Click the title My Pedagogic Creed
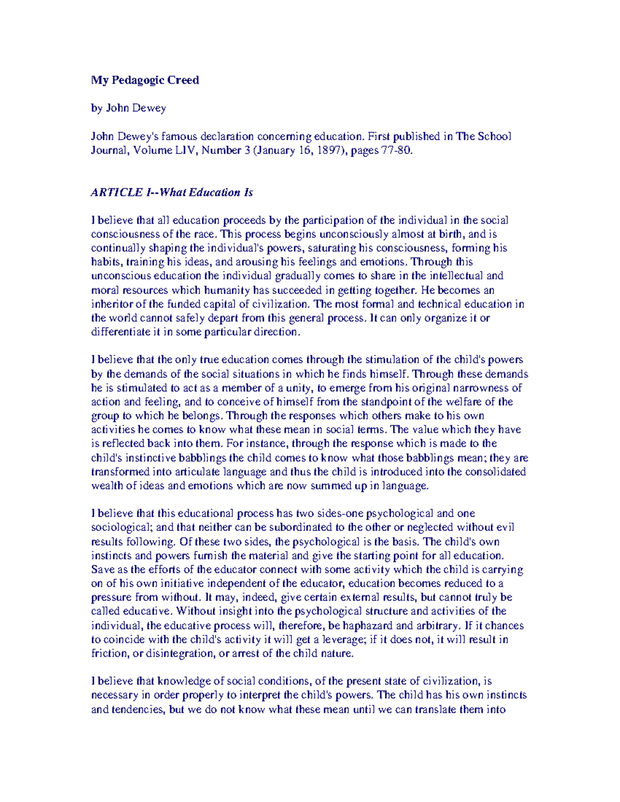pos(145,80)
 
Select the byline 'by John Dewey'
pos(128,108)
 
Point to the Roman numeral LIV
pos(187,150)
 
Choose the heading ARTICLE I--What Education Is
pos(172,193)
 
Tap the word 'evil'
pos(505,527)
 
